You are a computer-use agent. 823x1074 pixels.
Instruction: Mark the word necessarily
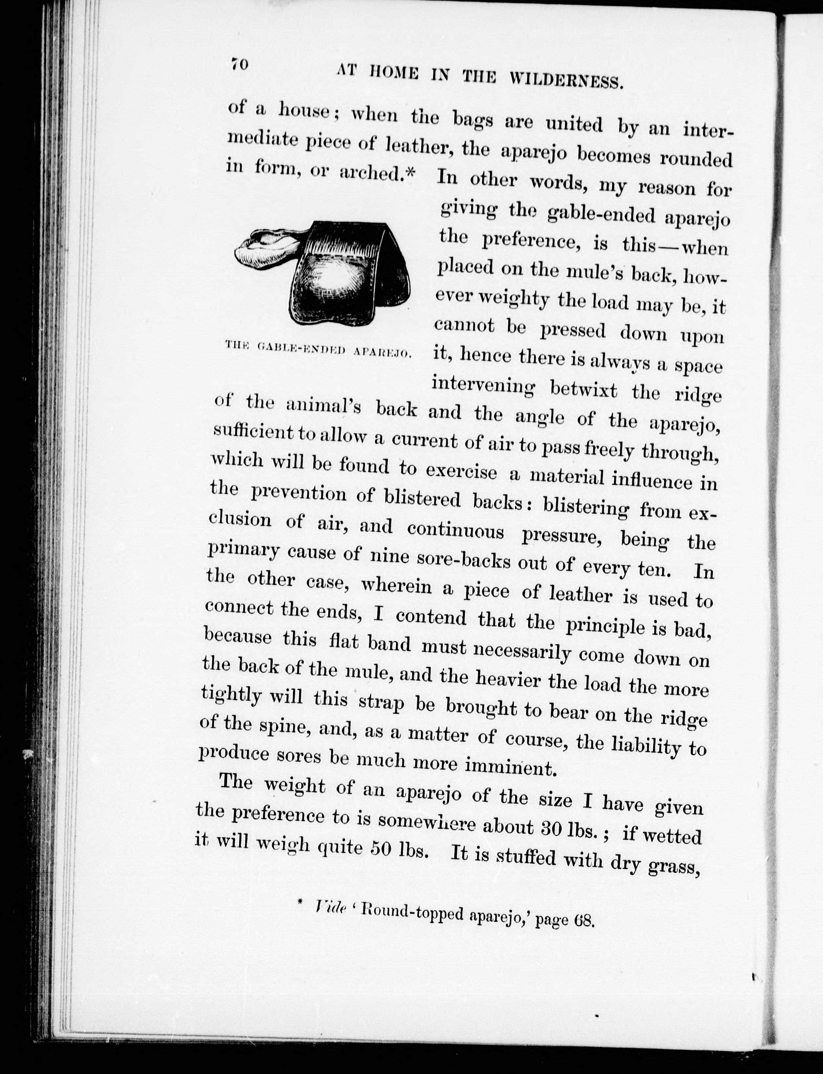pyautogui.click(x=522, y=651)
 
